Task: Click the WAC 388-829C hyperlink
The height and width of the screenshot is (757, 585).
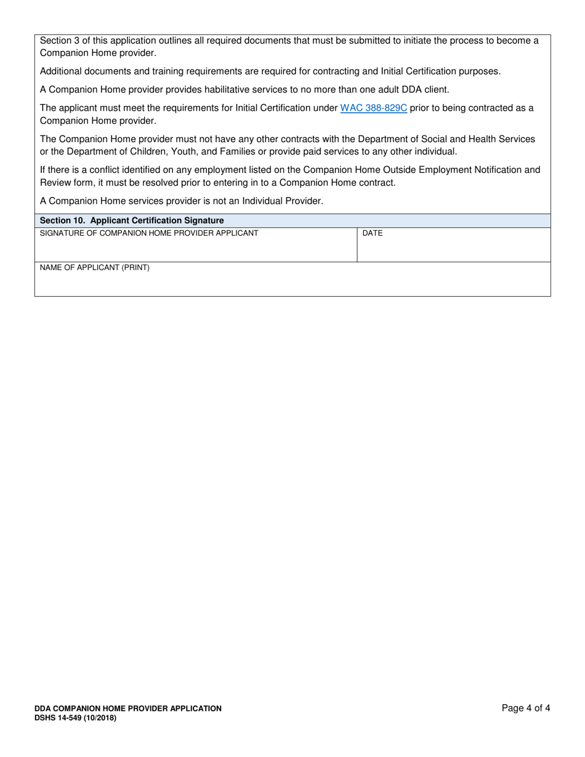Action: (373, 108)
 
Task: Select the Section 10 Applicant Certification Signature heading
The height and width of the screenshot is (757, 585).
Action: (132, 220)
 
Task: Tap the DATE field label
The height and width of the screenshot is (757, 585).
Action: (373, 233)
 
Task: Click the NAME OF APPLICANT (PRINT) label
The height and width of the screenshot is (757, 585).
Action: (95, 268)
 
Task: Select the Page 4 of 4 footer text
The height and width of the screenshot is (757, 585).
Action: (526, 708)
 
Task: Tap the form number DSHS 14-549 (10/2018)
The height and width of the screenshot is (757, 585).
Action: (75, 718)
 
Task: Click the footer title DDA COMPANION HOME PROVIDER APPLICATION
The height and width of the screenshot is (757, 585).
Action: (128, 708)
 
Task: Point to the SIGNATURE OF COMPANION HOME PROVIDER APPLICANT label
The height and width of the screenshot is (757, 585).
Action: (149, 233)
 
